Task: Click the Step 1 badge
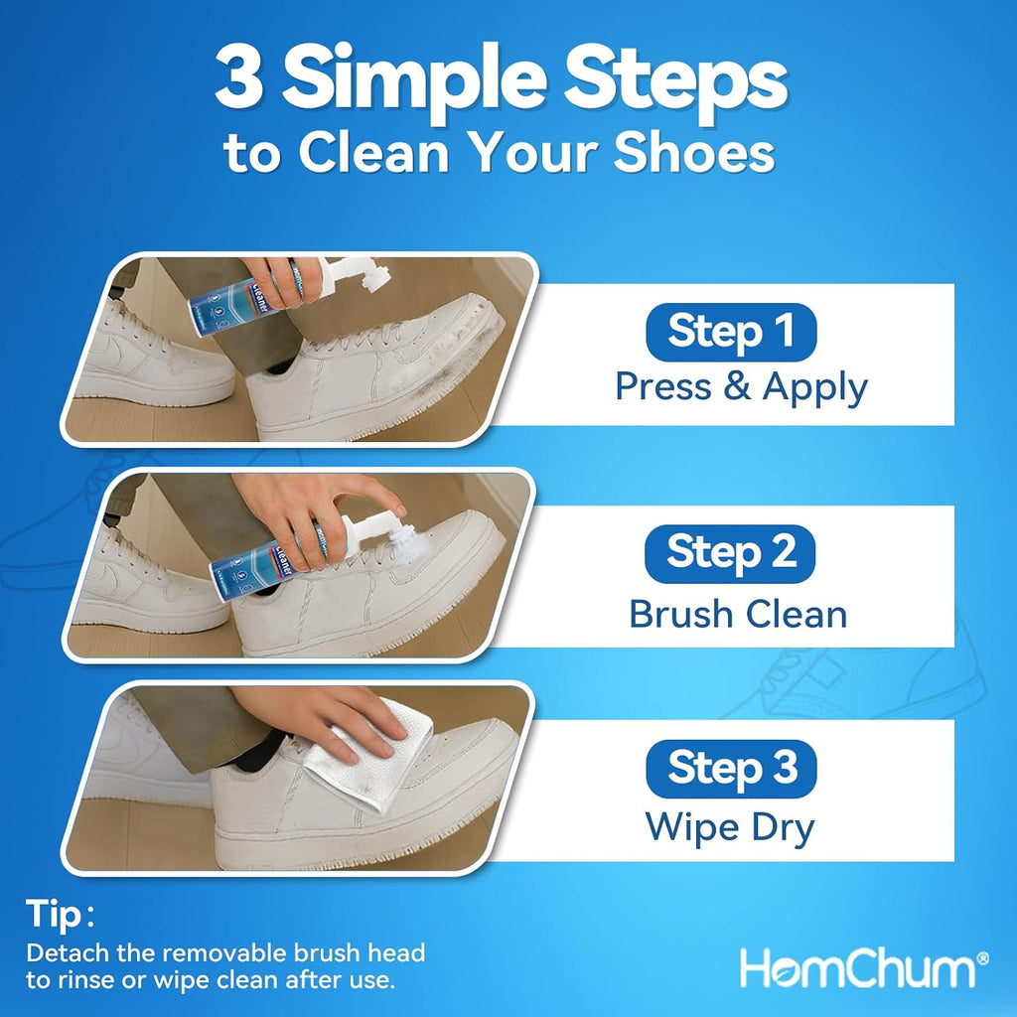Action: point(731,332)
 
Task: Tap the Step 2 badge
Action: point(730,553)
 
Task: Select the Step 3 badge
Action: point(731,769)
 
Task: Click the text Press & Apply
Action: point(741,388)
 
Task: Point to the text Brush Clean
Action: point(738,614)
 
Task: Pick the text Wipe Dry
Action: point(730,828)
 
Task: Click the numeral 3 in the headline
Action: point(240,77)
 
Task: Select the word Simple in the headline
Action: point(415,80)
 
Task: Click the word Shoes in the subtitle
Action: point(694,153)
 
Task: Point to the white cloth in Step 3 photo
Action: point(367,755)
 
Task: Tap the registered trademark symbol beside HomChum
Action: point(982,958)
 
